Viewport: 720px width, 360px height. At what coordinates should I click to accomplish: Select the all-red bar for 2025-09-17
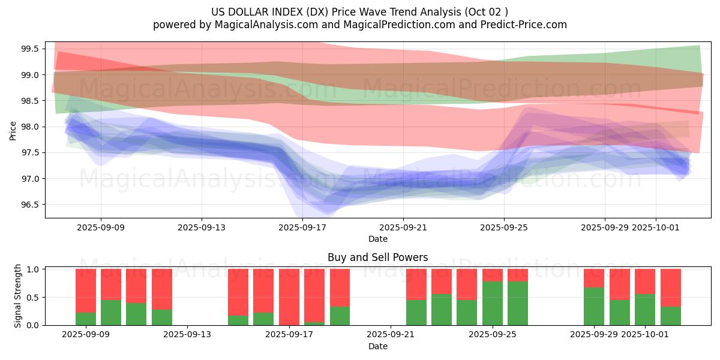[289, 297]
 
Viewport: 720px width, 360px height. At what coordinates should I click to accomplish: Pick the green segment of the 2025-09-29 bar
[594, 307]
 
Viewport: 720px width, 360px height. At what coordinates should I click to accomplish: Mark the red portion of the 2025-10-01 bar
[645, 281]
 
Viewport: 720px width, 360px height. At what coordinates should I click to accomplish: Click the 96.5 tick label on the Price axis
[31, 205]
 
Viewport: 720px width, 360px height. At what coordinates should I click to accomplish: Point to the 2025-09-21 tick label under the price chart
[403, 227]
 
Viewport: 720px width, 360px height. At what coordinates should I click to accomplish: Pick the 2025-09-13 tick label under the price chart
[202, 227]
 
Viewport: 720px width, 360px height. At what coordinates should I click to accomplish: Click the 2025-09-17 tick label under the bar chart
[289, 335]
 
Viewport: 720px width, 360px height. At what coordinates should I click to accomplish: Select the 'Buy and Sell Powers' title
[378, 257]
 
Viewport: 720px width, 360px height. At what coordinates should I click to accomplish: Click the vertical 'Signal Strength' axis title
[18, 296]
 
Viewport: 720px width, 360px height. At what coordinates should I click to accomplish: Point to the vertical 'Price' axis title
[13, 130]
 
